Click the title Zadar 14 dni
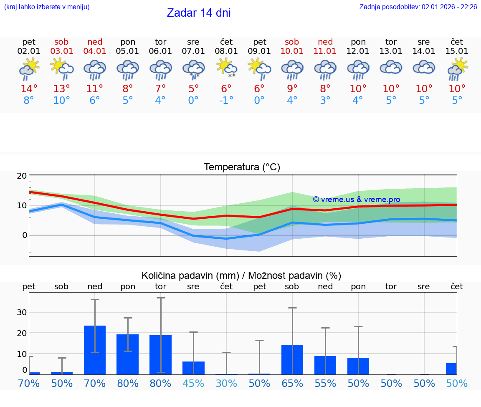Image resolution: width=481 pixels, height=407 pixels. click(199, 13)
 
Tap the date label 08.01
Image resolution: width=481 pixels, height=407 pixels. click(226, 51)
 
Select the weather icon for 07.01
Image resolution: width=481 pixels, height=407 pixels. click(193, 69)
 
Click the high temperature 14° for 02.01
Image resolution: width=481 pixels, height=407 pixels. click(29, 89)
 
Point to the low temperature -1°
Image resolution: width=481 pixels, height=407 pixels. click(226, 101)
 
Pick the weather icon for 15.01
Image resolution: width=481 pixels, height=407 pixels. click(457, 69)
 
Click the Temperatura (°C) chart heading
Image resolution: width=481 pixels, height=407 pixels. click(242, 167)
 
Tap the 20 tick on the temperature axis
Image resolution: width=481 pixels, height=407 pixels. click(22, 176)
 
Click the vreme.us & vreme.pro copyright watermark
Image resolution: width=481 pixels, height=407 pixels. click(356, 200)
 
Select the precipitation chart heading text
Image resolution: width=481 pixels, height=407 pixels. click(241, 276)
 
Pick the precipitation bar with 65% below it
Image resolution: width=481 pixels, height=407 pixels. click(292, 359)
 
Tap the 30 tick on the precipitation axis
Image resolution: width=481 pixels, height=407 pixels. click(22, 312)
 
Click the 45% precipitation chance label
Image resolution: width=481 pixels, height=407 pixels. click(193, 384)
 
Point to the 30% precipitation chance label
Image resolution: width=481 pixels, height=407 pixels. click(226, 384)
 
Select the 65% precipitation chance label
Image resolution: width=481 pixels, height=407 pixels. click(292, 384)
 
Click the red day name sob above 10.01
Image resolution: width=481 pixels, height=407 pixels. click(292, 42)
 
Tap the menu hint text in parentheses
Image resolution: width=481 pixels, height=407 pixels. click(47, 7)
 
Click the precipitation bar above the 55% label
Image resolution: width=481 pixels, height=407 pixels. click(325, 365)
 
